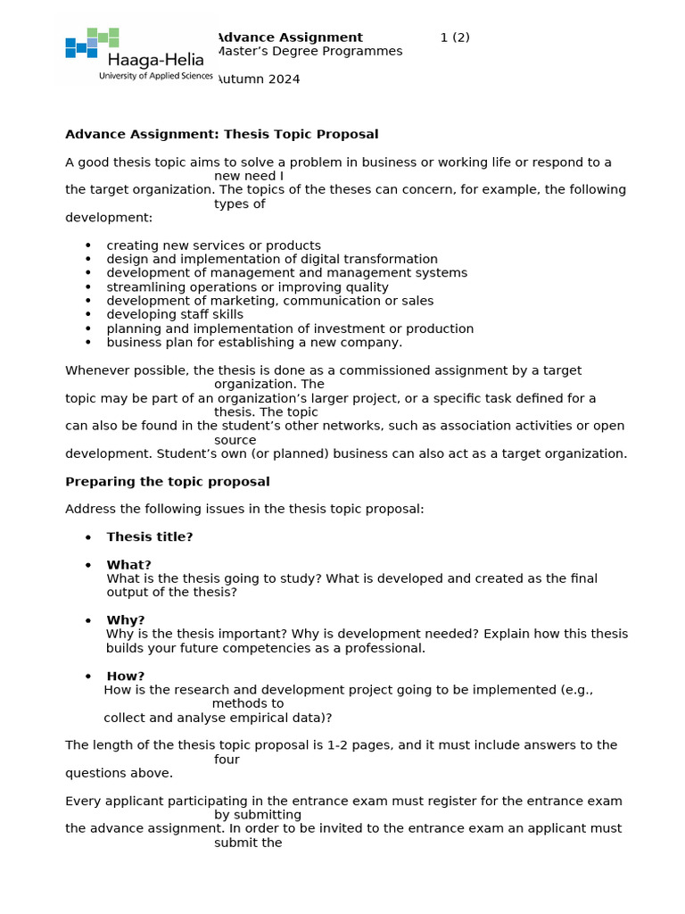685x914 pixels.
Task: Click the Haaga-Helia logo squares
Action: click(x=92, y=42)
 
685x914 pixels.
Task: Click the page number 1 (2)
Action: click(x=455, y=37)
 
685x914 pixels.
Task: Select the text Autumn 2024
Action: click(x=258, y=79)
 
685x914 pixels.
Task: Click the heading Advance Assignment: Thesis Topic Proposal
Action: click(x=221, y=134)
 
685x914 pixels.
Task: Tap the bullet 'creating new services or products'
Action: click(x=213, y=245)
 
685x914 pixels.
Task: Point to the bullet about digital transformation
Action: click(x=272, y=259)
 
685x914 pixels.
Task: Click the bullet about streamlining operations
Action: click(x=247, y=287)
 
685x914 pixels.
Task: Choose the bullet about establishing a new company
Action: click(x=254, y=342)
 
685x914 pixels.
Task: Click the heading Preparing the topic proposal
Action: click(x=167, y=481)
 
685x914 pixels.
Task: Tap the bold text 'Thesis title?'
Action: click(x=149, y=536)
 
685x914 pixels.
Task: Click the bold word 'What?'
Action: click(x=128, y=564)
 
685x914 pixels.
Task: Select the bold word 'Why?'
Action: click(x=125, y=619)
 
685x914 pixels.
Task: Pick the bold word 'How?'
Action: click(x=125, y=676)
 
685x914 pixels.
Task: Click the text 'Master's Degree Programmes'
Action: click(x=309, y=52)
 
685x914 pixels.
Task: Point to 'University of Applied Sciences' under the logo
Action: click(x=155, y=77)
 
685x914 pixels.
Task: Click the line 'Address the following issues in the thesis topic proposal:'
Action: click(x=244, y=509)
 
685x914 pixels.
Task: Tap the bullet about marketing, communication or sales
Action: click(x=269, y=301)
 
